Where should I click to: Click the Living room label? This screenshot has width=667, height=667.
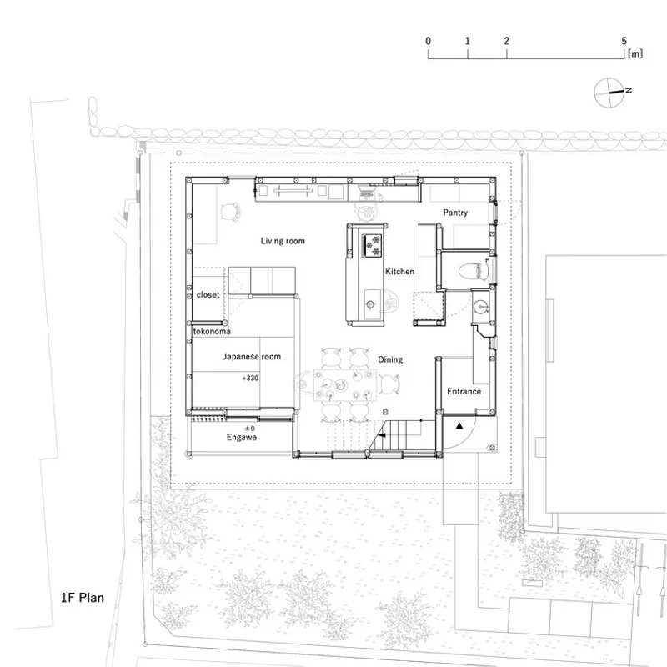283,241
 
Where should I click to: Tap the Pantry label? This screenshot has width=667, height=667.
455,213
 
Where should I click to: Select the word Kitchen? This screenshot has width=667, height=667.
400,272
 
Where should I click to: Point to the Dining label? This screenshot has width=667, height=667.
390,359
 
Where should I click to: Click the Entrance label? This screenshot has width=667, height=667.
464,391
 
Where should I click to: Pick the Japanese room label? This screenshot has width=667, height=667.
253,357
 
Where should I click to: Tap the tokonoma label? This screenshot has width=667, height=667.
212,331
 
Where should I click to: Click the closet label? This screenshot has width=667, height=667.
208,294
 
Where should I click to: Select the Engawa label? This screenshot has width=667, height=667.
242,437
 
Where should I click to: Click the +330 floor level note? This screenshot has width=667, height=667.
250,378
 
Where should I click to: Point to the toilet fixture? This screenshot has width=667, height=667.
474,270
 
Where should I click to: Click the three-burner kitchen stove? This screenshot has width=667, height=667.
372,245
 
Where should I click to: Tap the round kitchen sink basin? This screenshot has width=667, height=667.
370,304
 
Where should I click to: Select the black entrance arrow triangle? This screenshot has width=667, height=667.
459,426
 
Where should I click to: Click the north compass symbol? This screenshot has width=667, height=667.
610,93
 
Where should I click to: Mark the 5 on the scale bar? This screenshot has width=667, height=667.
624,41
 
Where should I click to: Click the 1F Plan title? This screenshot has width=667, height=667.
83,598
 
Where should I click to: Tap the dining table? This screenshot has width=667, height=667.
345,385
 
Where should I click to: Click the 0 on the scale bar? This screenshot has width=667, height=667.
428,41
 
